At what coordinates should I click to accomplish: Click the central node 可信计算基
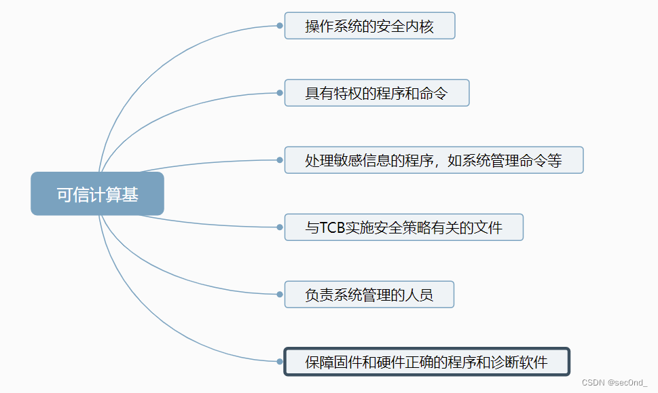tap(97, 194)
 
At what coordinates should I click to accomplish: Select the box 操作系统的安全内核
tap(369, 26)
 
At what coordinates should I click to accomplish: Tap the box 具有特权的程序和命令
tap(377, 93)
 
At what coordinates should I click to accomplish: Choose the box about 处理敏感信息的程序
tap(433, 160)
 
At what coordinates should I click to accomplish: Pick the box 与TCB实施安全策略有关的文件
tap(403, 227)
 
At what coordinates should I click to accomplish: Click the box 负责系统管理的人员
tap(369, 295)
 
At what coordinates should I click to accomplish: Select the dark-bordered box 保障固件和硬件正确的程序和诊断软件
tap(426, 361)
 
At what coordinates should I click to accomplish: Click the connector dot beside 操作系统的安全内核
tap(280, 26)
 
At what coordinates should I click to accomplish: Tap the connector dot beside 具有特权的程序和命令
tap(280, 93)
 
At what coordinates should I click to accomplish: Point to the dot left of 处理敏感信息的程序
tap(280, 160)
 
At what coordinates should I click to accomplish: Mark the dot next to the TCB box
tap(280, 227)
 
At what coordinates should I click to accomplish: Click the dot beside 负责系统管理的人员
tap(280, 295)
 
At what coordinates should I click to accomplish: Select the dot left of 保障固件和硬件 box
tap(280, 361)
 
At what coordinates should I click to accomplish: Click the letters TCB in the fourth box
tap(332, 228)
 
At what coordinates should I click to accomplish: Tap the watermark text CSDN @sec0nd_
tap(615, 383)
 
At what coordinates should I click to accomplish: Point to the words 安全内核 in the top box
tap(409, 26)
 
